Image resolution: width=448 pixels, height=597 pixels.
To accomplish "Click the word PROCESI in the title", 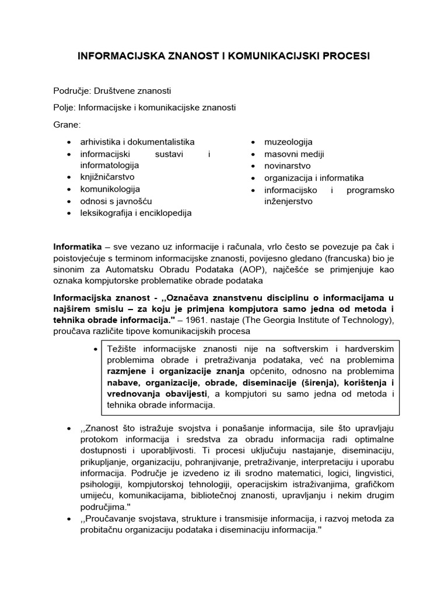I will point(344,56).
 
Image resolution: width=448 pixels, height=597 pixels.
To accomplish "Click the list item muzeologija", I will point(288,142).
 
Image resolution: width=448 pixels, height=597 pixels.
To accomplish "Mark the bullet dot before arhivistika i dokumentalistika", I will point(69,142).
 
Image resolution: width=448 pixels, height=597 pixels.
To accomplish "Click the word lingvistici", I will point(373,473).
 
